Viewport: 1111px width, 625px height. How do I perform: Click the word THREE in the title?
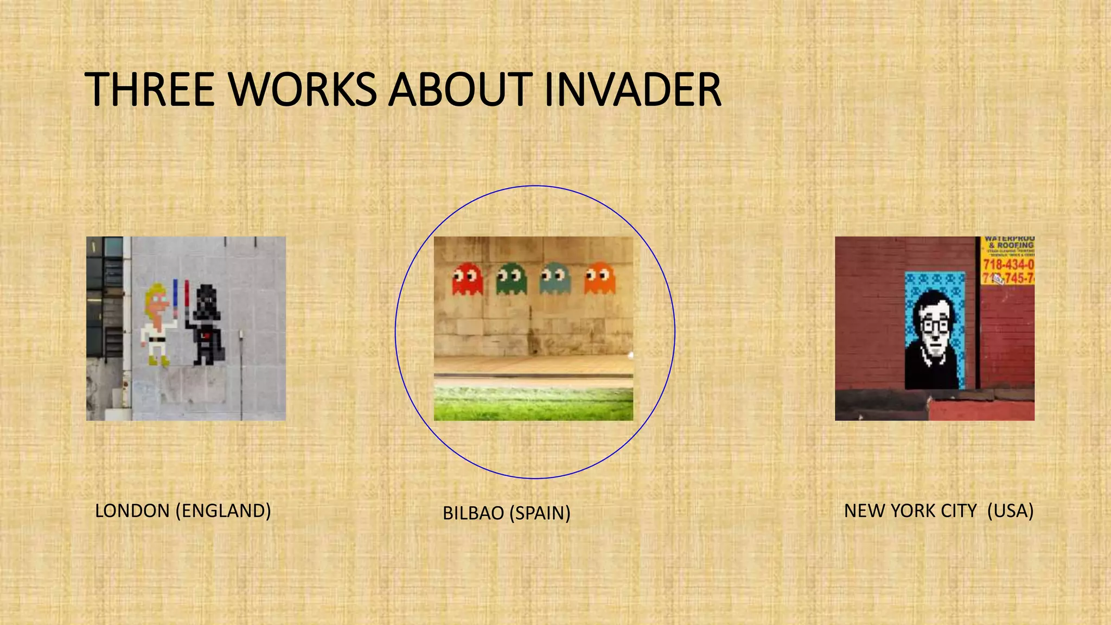coord(150,90)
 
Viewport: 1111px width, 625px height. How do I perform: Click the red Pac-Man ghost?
coord(467,278)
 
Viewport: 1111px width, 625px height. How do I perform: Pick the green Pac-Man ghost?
coord(512,278)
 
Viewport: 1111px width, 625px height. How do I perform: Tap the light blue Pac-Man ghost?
coord(555,278)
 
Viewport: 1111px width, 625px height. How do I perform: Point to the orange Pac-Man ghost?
coord(599,278)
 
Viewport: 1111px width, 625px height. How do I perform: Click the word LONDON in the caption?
coord(132,511)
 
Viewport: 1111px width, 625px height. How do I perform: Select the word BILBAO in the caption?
coord(473,513)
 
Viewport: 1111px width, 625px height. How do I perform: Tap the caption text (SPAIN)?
coord(539,513)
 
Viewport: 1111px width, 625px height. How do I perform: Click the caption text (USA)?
coord(1010,511)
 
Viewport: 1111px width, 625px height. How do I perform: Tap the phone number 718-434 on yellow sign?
coord(1008,265)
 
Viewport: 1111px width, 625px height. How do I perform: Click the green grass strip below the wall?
coord(533,404)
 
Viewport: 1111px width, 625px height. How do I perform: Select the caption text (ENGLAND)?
coord(223,511)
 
